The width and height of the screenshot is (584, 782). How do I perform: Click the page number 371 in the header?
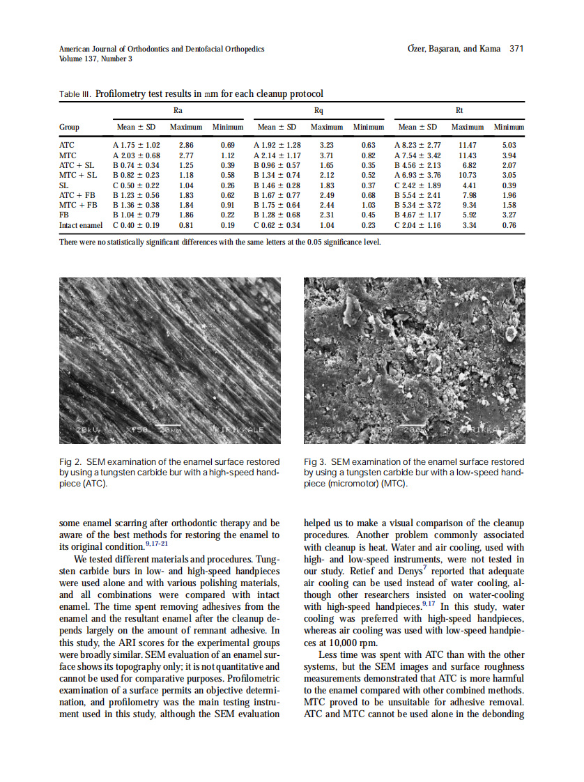click(x=516, y=49)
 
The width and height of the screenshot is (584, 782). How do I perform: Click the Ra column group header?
click(x=178, y=110)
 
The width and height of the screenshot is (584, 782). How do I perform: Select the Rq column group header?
click(x=318, y=110)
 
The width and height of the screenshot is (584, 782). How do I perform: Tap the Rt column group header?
click(x=459, y=110)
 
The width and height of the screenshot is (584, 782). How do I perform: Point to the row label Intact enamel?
click(x=81, y=226)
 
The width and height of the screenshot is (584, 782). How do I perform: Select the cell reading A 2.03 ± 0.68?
click(x=136, y=155)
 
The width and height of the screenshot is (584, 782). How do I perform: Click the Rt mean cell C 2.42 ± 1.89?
click(x=417, y=185)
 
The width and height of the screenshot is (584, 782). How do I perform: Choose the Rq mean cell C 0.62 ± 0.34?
click(x=277, y=226)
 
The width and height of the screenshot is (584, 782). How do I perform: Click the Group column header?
click(x=69, y=128)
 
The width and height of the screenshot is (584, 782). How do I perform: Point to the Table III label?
click(x=75, y=93)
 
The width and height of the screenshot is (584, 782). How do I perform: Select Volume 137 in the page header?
click(x=79, y=59)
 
